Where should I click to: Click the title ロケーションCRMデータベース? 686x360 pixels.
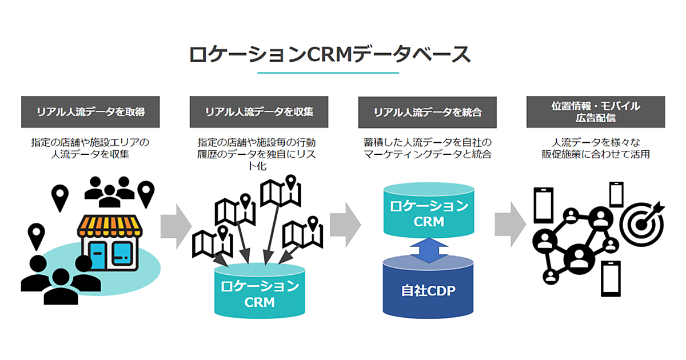tap(330, 54)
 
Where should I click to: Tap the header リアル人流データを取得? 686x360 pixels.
tap(90, 112)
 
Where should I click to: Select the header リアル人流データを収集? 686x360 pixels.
tap(259, 112)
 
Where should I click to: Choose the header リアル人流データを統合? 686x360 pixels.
tap(428, 112)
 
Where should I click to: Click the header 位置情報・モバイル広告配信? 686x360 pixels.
tap(596, 112)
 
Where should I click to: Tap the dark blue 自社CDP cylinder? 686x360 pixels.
tap(428, 289)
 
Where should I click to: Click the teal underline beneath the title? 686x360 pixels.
tap(328, 73)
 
